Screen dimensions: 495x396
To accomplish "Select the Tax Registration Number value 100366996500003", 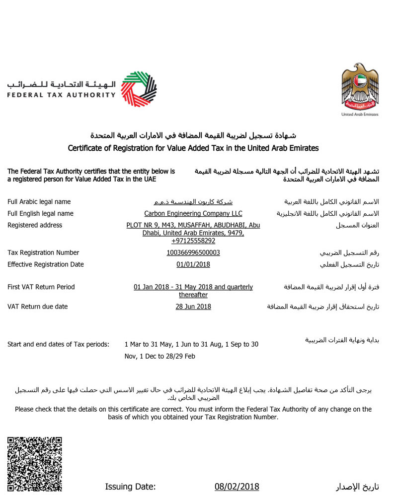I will point(193,252).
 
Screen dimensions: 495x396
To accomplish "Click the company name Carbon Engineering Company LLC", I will point(193,213).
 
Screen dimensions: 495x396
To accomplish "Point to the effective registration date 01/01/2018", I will point(193,264).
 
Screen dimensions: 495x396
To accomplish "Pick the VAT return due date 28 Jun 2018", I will point(193,307).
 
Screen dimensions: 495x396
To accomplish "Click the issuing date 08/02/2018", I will point(237,487).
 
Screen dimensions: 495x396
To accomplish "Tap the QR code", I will point(35,463).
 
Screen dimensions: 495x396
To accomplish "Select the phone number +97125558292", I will point(193,241).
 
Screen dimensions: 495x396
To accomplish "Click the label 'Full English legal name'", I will point(40,213).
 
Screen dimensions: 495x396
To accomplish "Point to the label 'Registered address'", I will point(35,225).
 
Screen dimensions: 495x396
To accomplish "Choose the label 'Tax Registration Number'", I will point(43,252).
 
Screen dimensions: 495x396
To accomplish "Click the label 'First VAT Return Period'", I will point(41,287).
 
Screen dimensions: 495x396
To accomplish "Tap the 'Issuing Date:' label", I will point(130,487).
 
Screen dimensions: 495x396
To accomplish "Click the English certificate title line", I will point(193,148).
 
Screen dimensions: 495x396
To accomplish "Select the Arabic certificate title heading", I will point(193,135).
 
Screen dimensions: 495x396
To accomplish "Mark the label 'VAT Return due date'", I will point(38,307).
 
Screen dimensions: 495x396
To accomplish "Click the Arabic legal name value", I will point(193,202).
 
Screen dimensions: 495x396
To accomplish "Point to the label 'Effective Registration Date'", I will point(46,264).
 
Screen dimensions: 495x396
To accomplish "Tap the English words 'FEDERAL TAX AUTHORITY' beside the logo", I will point(61,95).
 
